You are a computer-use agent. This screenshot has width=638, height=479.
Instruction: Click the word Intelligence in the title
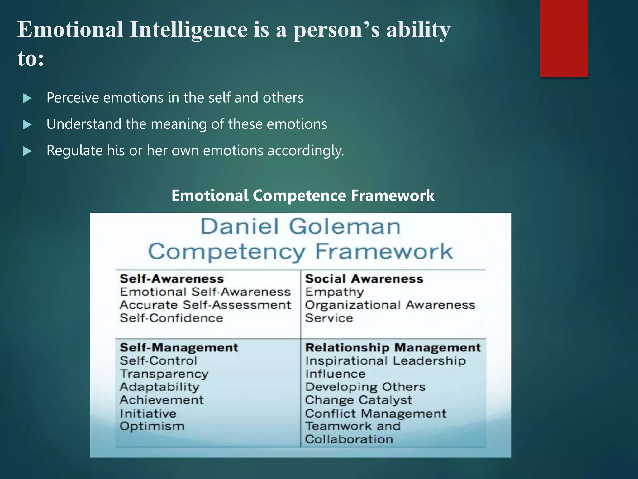click(188, 30)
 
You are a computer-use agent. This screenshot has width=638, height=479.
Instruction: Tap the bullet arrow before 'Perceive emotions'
click(27, 99)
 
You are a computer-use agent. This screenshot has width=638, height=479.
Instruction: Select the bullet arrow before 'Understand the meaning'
click(27, 125)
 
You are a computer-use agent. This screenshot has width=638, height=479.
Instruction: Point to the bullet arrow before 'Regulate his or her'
click(27, 152)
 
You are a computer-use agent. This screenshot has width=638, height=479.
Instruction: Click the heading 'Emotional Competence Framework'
click(303, 196)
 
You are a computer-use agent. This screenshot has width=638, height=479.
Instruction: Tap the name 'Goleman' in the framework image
click(345, 226)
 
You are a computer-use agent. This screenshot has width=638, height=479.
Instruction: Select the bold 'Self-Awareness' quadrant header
click(172, 278)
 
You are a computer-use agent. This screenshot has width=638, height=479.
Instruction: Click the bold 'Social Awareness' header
click(364, 278)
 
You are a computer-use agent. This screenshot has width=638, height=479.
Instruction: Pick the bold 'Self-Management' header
click(179, 347)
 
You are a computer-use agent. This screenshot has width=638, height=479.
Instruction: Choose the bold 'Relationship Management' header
click(393, 347)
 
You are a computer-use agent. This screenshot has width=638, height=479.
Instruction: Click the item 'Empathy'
click(334, 292)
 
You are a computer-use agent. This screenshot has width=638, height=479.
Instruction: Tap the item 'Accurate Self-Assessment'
click(205, 305)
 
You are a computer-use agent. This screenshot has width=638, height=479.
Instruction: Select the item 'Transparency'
click(164, 374)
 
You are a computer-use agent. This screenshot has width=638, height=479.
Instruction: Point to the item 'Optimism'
click(152, 426)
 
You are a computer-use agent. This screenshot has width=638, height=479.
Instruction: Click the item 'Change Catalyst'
click(358, 400)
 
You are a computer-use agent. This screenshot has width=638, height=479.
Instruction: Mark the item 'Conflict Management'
click(375, 414)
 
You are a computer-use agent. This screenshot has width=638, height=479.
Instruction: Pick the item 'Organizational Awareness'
click(390, 305)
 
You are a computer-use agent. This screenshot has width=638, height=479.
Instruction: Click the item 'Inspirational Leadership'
click(385, 361)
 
